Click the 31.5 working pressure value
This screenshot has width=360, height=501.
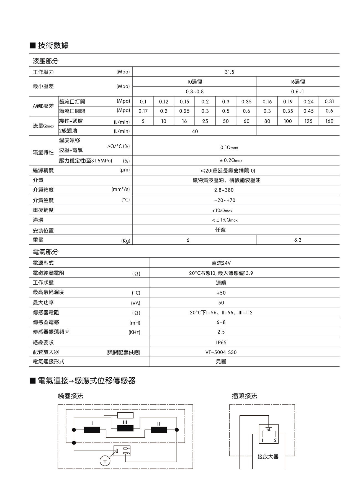click(x=229, y=72)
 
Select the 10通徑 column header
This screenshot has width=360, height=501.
click(x=194, y=82)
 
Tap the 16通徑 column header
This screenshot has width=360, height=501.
click(x=298, y=82)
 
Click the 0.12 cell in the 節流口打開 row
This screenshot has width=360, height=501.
click(x=164, y=102)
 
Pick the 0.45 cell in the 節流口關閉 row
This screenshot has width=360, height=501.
click(x=308, y=111)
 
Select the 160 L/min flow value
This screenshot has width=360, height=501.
click(x=329, y=121)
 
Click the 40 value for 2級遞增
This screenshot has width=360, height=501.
click(x=195, y=131)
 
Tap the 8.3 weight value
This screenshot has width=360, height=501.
click(x=298, y=240)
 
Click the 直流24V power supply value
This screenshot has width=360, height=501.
click(x=221, y=263)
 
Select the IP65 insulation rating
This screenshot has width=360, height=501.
click(x=221, y=342)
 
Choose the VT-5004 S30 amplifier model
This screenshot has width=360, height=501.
click(x=221, y=352)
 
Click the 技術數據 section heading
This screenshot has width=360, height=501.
click(x=53, y=45)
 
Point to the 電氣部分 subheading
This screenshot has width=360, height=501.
click(x=46, y=252)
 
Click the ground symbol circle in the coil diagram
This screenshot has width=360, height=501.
click(x=105, y=461)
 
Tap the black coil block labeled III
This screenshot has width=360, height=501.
click(x=125, y=428)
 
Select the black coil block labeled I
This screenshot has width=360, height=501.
click(x=92, y=430)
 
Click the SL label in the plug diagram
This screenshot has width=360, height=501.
click(x=268, y=430)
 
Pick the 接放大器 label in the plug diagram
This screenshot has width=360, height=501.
click(x=268, y=457)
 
